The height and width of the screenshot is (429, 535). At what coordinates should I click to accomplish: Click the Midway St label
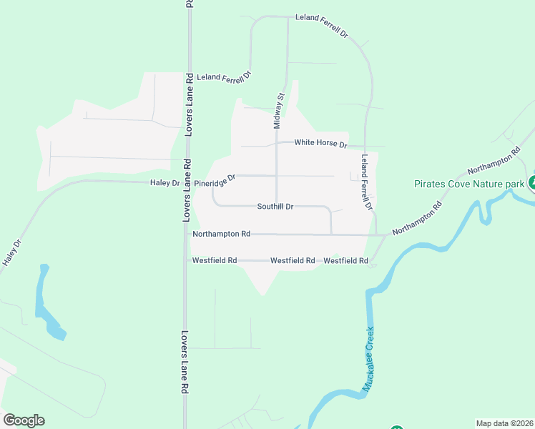point(280,111)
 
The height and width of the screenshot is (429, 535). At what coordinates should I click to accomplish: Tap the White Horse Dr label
point(320,144)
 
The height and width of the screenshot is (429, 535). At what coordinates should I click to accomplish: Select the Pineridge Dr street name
point(215,182)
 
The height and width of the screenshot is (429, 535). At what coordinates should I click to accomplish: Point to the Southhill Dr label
point(275,207)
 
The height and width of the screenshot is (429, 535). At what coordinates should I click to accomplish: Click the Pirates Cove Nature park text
point(469,184)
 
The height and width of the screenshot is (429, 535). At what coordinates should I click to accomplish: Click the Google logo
point(24,420)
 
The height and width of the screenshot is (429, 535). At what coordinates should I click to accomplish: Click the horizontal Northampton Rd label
point(222,234)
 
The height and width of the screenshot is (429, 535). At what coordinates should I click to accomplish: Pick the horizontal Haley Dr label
point(164,183)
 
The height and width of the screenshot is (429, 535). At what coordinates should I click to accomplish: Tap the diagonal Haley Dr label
point(12,253)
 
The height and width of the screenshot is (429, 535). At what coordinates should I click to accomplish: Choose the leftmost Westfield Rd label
point(215,261)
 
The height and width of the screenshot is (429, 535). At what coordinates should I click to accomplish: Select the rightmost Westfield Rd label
point(345,261)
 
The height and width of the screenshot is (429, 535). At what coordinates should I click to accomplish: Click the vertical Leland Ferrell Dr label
point(367,182)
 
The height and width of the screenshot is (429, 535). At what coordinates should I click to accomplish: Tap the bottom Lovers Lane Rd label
point(184,362)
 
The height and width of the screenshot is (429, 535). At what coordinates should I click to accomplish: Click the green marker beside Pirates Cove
point(531,182)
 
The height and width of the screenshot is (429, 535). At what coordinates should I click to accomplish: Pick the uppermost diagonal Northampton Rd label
point(494,160)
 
